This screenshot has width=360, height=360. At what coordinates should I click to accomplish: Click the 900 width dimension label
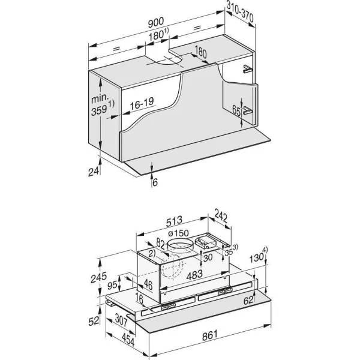click(156, 22)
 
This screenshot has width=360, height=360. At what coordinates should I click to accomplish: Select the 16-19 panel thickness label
click(142, 104)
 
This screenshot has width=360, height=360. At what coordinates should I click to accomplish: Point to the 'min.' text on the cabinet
click(100, 98)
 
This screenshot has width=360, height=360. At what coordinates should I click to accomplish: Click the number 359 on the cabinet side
click(99, 111)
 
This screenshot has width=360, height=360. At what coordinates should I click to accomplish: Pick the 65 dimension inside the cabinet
click(236, 110)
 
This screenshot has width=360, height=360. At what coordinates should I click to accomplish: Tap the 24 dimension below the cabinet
click(94, 172)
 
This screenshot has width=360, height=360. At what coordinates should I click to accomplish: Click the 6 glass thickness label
click(155, 182)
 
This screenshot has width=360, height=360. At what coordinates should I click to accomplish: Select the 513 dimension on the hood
click(174, 221)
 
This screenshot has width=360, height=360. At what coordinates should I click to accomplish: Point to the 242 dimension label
click(221, 215)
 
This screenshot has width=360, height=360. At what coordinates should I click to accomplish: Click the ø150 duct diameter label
click(178, 233)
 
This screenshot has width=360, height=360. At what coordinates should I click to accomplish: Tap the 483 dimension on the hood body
click(194, 275)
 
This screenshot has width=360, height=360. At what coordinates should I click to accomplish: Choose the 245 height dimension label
click(99, 277)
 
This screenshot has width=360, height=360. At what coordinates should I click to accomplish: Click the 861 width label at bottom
click(210, 335)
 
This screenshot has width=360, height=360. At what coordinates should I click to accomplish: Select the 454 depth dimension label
click(128, 340)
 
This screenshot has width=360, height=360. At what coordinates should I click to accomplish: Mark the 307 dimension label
click(121, 320)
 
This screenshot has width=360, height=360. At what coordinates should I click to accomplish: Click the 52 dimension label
click(94, 321)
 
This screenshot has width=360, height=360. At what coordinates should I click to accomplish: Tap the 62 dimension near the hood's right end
click(248, 300)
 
